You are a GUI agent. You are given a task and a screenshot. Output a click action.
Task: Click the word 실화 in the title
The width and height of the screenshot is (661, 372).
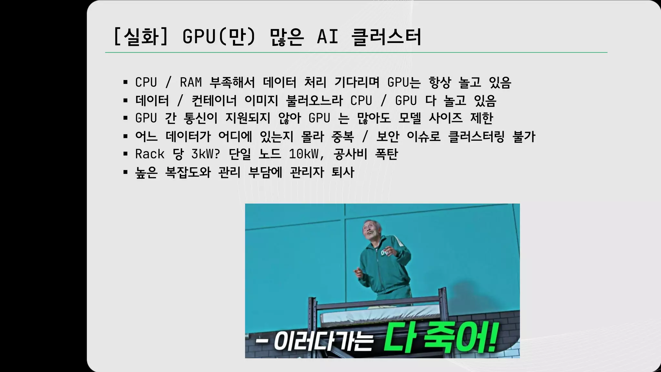[x=141, y=36]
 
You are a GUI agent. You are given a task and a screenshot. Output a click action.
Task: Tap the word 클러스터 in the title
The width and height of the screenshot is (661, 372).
[x=386, y=36]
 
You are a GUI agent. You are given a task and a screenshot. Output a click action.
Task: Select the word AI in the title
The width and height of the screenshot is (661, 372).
[x=328, y=36]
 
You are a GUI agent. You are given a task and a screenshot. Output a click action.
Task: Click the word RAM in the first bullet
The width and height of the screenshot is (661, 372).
[x=191, y=82]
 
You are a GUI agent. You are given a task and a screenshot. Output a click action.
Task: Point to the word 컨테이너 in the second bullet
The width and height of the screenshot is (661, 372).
[x=214, y=100]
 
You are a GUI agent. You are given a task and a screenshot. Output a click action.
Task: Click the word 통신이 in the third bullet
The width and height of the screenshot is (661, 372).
[x=200, y=118]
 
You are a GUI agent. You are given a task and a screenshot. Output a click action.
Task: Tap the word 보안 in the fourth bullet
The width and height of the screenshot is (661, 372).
[x=388, y=136]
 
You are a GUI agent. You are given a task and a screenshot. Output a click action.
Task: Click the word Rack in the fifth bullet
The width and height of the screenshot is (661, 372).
[x=150, y=154]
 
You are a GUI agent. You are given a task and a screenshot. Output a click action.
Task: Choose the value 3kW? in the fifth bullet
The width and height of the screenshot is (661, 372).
[x=206, y=154]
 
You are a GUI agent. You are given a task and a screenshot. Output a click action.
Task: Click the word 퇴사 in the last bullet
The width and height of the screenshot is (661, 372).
[x=343, y=172]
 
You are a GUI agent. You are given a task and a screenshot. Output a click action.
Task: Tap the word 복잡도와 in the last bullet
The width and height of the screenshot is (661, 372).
[x=188, y=172]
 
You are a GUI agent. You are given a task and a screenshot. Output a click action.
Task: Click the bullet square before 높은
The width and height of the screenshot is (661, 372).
[x=126, y=172]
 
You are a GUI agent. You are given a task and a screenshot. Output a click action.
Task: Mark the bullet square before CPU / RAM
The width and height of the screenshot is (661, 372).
[x=126, y=83]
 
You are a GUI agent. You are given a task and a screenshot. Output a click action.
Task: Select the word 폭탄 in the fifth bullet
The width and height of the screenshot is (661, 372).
[x=386, y=154]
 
